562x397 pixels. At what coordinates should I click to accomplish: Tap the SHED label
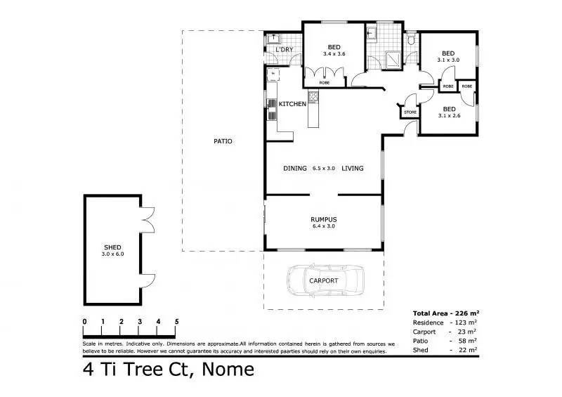pos(113,247)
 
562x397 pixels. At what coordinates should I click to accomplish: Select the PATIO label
pos(223,141)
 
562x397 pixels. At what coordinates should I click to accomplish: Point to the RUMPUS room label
pos(323,219)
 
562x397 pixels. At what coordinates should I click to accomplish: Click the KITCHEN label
pos(292,104)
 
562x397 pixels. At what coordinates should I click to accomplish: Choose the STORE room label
pos(410,112)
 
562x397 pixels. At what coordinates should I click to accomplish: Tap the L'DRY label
pos(284,50)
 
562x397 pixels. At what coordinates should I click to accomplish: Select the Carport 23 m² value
pos(467,331)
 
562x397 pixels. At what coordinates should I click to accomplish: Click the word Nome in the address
pos(228,370)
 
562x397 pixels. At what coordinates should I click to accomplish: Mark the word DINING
pos(295,169)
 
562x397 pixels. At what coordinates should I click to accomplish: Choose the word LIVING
pos(352,169)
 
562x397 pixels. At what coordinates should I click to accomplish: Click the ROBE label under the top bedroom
pos(324,83)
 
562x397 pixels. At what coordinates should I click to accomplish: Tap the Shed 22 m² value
pos(467,349)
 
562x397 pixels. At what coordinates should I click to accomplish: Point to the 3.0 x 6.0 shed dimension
pos(113,254)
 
